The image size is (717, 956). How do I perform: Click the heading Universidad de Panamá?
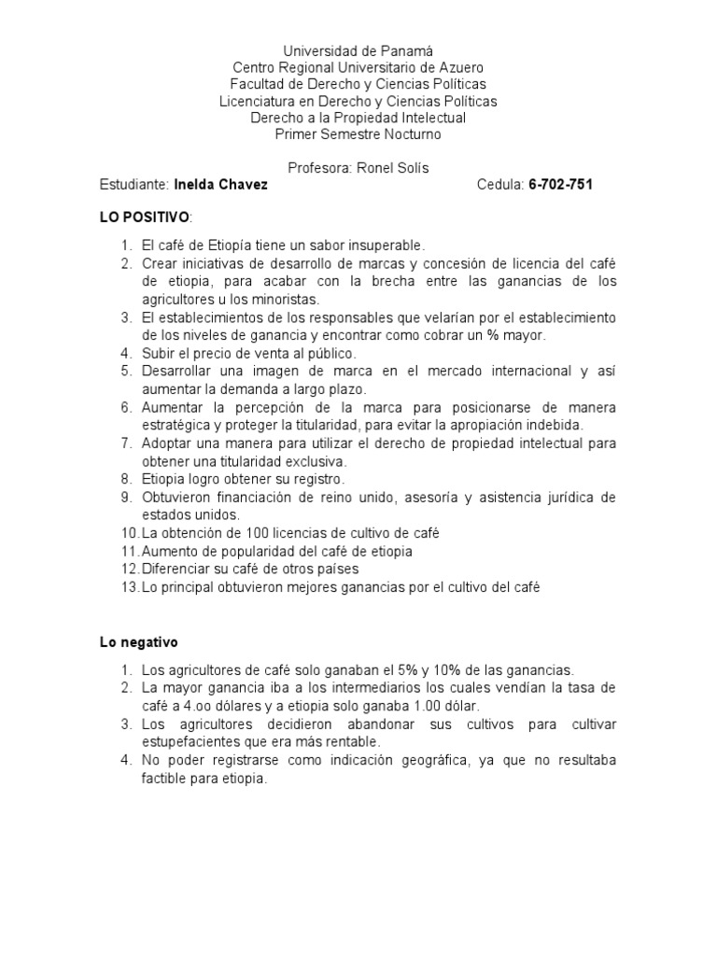[x=358, y=50]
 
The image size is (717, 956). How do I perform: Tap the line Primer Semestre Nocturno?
[x=358, y=134]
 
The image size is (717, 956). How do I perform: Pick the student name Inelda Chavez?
[x=220, y=185]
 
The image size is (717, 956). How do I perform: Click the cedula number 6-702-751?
[x=560, y=185]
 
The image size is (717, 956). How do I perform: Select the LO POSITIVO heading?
[x=145, y=218]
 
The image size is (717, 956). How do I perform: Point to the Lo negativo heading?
[x=139, y=643]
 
